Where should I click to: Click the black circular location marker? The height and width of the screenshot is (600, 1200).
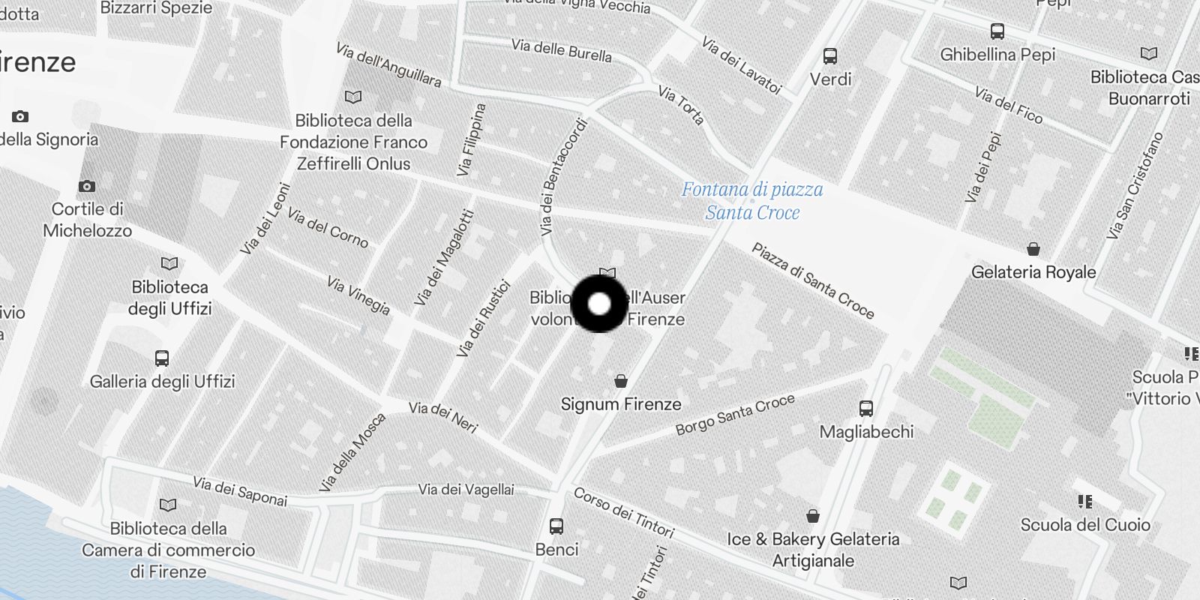point(599,304)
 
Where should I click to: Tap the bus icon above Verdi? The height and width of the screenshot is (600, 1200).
point(830,56)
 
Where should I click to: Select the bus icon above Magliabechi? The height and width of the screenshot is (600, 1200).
point(866,409)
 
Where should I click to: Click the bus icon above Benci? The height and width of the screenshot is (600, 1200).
point(556,526)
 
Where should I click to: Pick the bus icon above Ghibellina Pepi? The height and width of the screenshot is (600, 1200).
point(997,31)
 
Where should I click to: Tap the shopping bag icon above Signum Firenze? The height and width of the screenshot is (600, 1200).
point(621,381)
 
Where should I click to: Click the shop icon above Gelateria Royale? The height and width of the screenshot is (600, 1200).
point(1033,249)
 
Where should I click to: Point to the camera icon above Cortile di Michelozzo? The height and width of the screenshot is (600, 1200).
point(87,186)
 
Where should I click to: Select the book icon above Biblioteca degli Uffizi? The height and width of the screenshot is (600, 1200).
point(170,263)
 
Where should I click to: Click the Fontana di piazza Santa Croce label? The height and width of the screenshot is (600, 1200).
point(752,201)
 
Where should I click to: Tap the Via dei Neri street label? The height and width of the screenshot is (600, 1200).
point(443,417)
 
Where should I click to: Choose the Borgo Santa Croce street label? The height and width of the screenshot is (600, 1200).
point(735,415)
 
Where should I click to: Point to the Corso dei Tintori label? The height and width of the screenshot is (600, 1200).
point(624,512)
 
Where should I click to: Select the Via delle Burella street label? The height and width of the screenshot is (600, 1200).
point(562,50)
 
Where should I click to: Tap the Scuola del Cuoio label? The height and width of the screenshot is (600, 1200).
point(1085,524)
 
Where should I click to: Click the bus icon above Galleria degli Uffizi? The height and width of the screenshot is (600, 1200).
point(162,358)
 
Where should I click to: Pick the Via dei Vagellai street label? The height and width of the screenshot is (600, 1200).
point(466,490)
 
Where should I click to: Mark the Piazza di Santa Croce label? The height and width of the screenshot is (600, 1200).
point(813,280)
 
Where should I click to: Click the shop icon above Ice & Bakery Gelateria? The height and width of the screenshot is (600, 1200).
point(813,516)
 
